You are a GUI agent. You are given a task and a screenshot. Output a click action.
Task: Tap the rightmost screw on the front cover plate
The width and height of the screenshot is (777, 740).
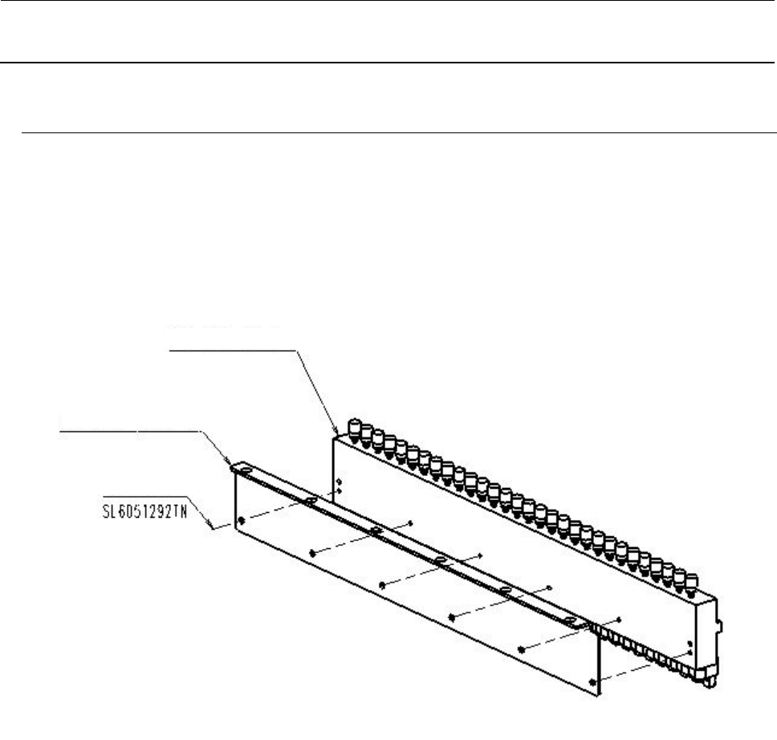click(592, 682)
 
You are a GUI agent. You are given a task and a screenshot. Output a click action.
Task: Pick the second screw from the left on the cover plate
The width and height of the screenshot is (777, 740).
click(311, 552)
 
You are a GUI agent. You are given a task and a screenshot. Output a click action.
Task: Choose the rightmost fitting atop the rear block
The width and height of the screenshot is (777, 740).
click(685, 580)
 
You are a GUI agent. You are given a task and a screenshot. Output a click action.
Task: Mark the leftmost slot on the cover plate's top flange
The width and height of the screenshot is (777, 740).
click(309, 502)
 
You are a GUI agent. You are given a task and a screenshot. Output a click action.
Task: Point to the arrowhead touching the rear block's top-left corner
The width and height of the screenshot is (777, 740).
click(335, 433)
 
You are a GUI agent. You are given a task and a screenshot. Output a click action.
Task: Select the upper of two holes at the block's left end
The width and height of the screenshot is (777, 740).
click(340, 482)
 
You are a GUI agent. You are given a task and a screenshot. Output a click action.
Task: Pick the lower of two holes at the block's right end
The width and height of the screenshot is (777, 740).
click(690, 653)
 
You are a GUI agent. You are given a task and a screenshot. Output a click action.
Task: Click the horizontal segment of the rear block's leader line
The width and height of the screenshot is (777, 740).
click(233, 350)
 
